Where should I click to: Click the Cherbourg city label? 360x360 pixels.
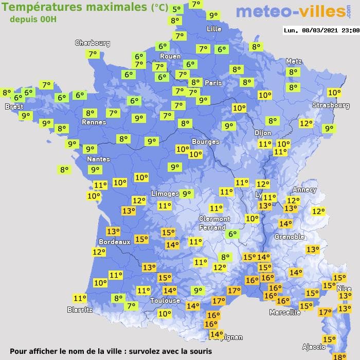click(93, 43)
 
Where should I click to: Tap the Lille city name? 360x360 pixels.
click(214, 29)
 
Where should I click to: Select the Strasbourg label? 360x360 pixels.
click(331, 105)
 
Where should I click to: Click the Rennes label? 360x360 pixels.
click(94, 122)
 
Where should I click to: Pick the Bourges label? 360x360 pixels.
click(205, 141)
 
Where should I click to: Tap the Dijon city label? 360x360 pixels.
click(262, 133)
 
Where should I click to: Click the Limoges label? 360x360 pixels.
click(165, 194)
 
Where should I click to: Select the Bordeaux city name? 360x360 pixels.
click(114, 242)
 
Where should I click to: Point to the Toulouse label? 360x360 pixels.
click(165, 301)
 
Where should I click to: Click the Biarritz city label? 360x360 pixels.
click(80, 310)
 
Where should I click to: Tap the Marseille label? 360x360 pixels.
click(285, 312)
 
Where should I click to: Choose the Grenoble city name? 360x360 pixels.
click(290, 237)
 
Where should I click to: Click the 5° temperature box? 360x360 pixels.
click(176, 9)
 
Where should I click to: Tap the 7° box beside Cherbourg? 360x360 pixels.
click(93, 53)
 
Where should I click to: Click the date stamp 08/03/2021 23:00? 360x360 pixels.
click(321, 30)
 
